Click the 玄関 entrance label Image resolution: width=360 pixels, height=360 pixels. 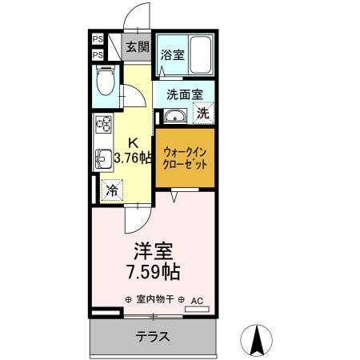click(x=138, y=46)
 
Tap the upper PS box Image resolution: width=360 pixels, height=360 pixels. click(x=97, y=38)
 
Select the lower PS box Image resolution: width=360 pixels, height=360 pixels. click(x=97, y=54)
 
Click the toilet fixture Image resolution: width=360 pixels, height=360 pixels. click(x=105, y=81)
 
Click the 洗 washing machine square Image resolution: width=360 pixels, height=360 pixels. click(x=203, y=114)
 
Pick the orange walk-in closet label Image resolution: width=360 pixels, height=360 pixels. click(x=185, y=156)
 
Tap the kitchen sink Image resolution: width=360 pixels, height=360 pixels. click(x=103, y=157)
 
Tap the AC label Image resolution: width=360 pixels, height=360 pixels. click(x=197, y=300)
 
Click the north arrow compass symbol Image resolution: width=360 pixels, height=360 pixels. click(x=258, y=339)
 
